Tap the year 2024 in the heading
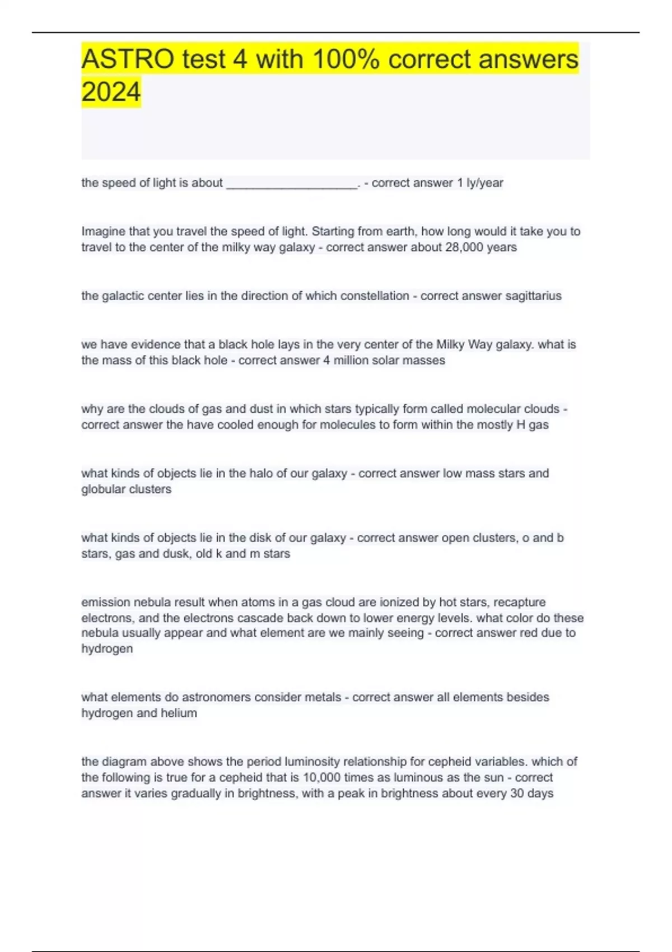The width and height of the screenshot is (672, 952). pos(111,92)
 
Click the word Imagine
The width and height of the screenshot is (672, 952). pos(103,231)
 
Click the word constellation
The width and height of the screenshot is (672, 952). pos(371,296)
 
